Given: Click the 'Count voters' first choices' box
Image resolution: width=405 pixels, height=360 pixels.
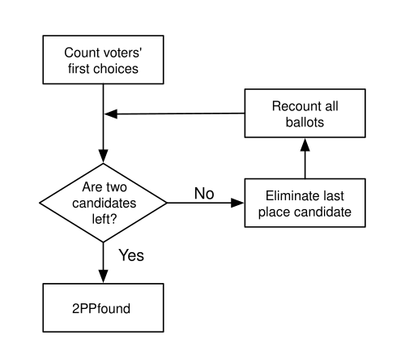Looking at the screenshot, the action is pos(103,60).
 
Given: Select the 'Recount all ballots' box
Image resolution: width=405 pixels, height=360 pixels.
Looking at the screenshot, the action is pos(305,114).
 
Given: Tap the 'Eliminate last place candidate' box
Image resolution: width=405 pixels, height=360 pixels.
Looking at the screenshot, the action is pos(305,203).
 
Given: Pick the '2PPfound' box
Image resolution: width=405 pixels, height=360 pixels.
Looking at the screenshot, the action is pos(103,308).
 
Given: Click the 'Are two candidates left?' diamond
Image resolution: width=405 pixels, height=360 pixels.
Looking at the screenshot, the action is pos(103,203).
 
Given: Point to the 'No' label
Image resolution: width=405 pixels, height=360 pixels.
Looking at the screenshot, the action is pos(204,194).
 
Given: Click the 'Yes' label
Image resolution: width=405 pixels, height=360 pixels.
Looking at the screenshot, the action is pos(131,255).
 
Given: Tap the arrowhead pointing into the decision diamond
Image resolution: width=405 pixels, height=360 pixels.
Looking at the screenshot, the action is pos(103,156).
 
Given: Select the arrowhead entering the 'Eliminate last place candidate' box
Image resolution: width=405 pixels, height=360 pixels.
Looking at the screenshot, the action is pos(237,203).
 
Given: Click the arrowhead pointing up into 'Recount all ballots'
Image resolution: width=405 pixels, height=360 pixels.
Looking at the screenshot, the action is pos(305,144).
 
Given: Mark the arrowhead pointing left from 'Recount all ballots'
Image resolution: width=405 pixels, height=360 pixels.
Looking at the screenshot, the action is pos(111,114).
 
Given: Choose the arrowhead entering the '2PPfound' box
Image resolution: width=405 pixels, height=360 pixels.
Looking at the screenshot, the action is pos(103,276).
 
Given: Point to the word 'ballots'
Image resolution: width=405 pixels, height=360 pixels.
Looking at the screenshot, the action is pos(305,122).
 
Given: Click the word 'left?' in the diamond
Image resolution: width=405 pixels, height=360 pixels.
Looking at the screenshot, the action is pos(104,219).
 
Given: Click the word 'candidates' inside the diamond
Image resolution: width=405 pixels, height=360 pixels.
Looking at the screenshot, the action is pos(104,204).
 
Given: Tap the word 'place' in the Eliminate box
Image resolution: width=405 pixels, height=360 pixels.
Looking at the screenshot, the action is pos(274,212).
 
